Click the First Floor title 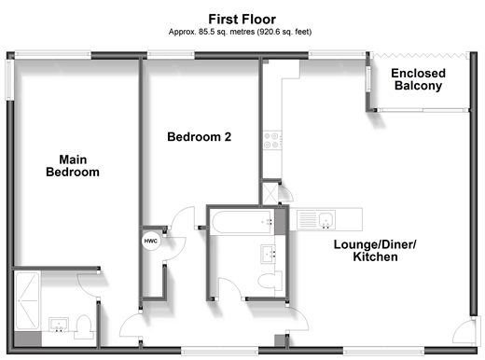pos(242,20)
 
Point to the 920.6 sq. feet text pos(285,32)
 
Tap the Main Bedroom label pos(73,166)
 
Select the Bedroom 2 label pos(200,137)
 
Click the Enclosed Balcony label pos(418,79)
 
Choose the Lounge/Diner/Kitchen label pos(375,251)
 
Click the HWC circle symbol pos(151,241)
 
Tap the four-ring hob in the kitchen pos(271,140)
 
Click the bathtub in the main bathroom pos(242,222)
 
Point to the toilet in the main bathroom pos(270,281)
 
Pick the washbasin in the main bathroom pos(268,254)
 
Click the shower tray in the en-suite pos(27,300)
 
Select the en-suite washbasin pos(59,325)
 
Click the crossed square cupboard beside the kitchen pos(270,194)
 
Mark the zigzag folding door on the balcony pos(420,56)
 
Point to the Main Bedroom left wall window pos(9,79)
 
